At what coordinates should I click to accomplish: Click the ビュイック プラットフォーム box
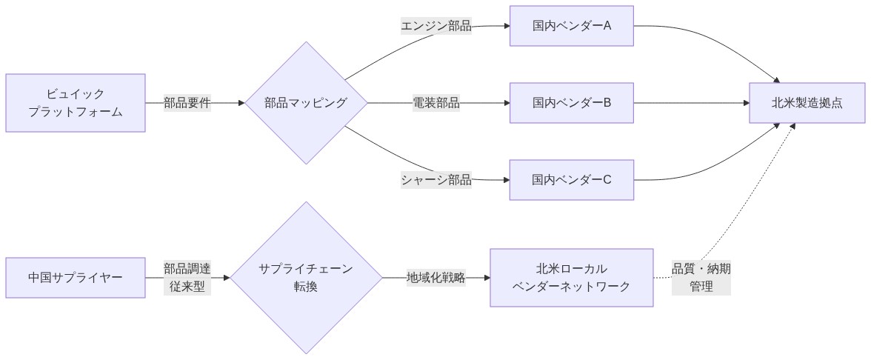pos(75,103)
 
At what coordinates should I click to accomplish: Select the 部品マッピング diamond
pos(306,103)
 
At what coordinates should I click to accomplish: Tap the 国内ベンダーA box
pos(572,26)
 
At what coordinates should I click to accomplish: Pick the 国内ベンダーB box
pos(572,103)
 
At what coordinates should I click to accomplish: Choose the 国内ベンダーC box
pos(572,180)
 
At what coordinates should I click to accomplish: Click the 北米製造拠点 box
pos(807,103)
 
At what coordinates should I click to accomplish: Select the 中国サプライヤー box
pos(75,278)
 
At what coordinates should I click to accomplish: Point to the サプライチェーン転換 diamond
pos(306,278)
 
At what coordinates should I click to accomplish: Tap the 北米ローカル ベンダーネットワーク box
pos(572,278)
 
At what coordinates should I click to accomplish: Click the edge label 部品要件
pos(187,103)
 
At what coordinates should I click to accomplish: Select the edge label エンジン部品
pos(436,26)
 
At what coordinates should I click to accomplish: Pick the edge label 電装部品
pos(436,103)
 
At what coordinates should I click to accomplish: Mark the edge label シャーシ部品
pos(436,180)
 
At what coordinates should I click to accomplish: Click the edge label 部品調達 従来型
pos(187,278)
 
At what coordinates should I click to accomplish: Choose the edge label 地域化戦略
pos(436,278)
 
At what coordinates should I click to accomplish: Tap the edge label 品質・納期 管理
pos(701,278)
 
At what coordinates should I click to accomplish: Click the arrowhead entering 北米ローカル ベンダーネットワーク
pos(487,278)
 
